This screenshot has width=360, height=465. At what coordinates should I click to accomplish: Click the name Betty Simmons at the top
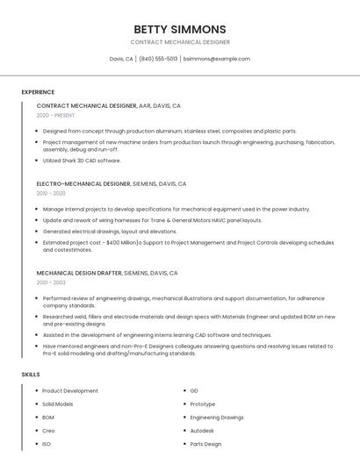[x=180, y=29]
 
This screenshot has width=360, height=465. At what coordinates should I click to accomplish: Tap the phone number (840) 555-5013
[x=158, y=59]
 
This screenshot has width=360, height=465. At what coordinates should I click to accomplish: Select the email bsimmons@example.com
[x=217, y=59]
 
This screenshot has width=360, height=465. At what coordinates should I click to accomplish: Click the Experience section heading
[x=38, y=92]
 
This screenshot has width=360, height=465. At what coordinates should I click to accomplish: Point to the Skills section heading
[x=31, y=375]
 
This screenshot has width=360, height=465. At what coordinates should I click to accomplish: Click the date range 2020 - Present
[x=55, y=115]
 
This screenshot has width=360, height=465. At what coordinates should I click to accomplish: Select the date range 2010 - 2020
[x=51, y=193]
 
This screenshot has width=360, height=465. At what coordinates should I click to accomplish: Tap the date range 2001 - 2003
[x=51, y=283]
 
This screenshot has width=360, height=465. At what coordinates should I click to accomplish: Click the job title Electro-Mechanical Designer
[x=83, y=184]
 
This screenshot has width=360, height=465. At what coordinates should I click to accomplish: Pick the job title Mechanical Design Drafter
[x=79, y=273]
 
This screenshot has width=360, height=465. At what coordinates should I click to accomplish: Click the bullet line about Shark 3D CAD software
[x=82, y=161]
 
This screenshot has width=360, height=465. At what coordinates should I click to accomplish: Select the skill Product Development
[x=70, y=390]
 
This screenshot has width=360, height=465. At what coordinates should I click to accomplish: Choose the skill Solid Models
[x=59, y=404]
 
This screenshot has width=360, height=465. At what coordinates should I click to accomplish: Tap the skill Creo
[x=49, y=431]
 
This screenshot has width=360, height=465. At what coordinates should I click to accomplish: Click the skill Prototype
[x=203, y=404]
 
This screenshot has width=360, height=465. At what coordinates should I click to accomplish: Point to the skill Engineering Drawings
[x=217, y=417]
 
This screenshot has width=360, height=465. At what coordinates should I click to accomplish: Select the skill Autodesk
[x=203, y=431]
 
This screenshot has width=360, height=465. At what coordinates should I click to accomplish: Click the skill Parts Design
[x=206, y=444]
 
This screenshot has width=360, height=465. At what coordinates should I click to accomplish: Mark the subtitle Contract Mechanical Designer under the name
[x=180, y=42]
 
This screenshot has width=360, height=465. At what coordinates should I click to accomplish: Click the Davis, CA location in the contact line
[x=121, y=59]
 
